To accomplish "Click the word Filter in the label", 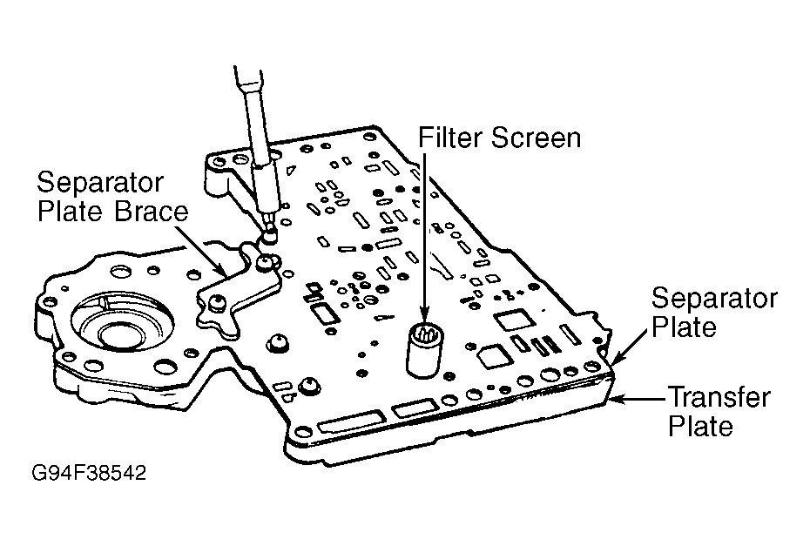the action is pyautogui.click(x=450, y=138).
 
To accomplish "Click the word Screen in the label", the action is pyautogui.click(x=537, y=138).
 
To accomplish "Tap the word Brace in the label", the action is pyautogui.click(x=151, y=212).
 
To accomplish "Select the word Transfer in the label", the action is pyautogui.click(x=719, y=397).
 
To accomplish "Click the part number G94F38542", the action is pyautogui.click(x=89, y=473).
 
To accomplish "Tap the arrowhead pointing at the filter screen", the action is pyautogui.click(x=424, y=315).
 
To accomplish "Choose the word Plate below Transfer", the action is pyautogui.click(x=700, y=427).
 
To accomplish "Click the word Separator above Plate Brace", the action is pyautogui.click(x=100, y=182).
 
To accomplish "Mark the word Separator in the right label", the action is pyautogui.click(x=714, y=298).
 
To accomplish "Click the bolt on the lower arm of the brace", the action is pyautogui.click(x=215, y=301).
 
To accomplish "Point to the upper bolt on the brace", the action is pyautogui.click(x=265, y=262).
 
